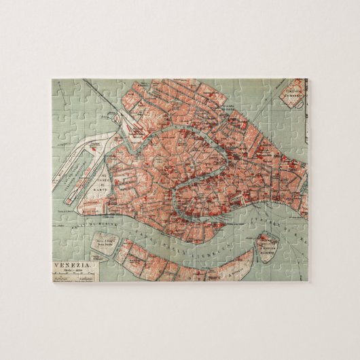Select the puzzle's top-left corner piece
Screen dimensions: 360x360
61,89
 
